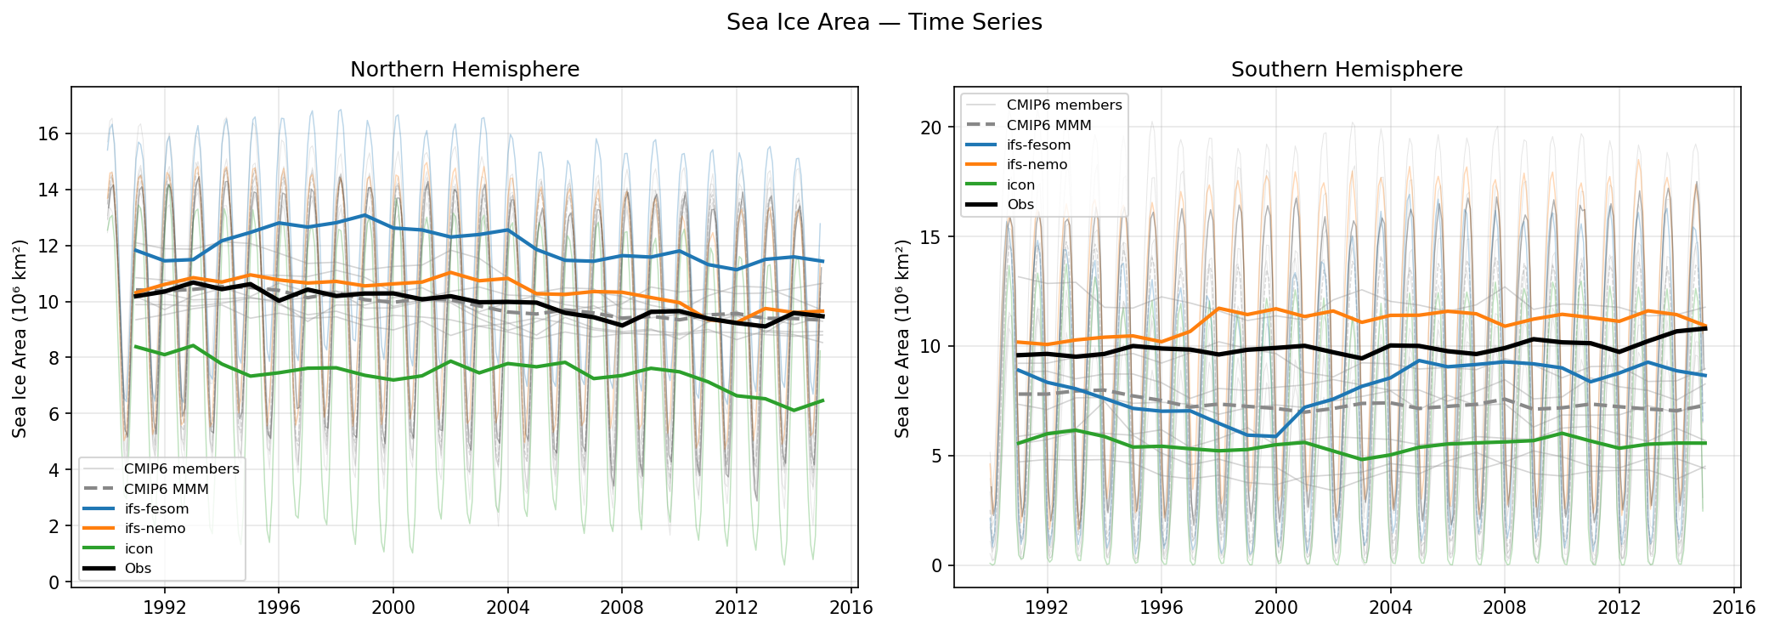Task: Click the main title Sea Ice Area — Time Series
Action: (x=884, y=22)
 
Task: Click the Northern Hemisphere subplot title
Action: (x=465, y=70)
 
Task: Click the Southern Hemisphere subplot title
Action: (x=1347, y=70)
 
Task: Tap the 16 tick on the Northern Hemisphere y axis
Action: (x=48, y=133)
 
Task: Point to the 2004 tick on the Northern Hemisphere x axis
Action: (x=507, y=607)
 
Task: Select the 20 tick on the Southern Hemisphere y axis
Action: (x=931, y=128)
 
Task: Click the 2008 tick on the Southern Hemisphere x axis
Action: (x=1505, y=607)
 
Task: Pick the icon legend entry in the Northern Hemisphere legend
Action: (x=138, y=548)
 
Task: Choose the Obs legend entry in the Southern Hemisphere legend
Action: (x=1020, y=204)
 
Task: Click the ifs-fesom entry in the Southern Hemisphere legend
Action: (x=1038, y=145)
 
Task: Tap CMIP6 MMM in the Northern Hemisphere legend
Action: (x=166, y=489)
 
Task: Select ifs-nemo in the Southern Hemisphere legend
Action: (x=1037, y=165)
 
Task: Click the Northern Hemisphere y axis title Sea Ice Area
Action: (x=20, y=338)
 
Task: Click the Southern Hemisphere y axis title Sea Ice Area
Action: (x=902, y=338)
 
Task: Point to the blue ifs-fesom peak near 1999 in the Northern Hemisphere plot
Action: (x=365, y=215)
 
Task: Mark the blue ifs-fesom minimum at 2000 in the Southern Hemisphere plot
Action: (x=1275, y=436)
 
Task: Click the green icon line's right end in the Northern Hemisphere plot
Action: (x=822, y=400)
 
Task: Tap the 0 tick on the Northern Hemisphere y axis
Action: (x=54, y=582)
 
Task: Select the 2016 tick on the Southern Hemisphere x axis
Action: (x=1733, y=607)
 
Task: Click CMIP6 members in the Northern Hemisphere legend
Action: (x=181, y=468)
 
